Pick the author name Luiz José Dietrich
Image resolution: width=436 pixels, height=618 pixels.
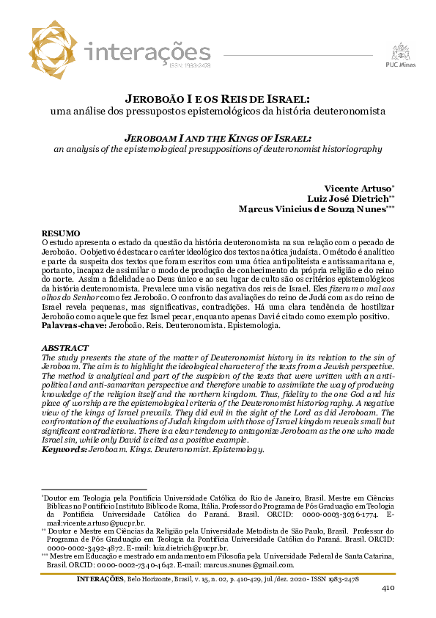(x=347, y=198)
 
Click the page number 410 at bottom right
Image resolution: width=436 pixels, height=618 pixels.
(x=388, y=588)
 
